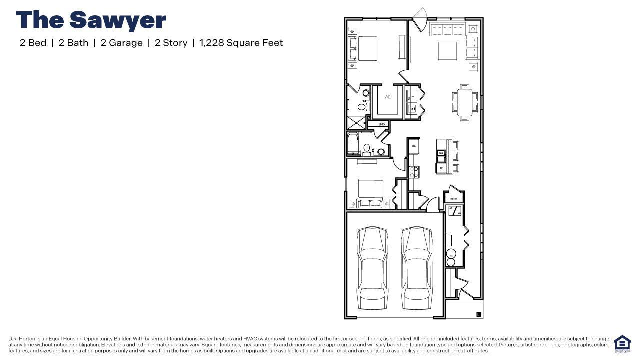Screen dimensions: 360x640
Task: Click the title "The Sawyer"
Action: (x=91, y=21)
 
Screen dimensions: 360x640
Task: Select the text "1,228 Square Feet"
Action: (x=241, y=43)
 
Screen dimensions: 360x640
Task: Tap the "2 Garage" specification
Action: (x=121, y=43)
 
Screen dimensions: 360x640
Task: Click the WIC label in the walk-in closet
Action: (x=388, y=97)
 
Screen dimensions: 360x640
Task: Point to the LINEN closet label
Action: (x=382, y=124)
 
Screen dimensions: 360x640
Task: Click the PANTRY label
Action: (x=453, y=199)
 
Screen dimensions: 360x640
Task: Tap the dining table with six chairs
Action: (x=464, y=102)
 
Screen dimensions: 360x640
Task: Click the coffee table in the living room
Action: (x=447, y=51)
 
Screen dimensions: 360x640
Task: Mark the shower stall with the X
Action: (x=356, y=123)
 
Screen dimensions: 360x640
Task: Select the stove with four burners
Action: (x=414, y=172)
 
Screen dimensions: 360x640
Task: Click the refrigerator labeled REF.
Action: (x=414, y=146)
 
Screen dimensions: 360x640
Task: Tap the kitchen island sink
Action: (x=441, y=156)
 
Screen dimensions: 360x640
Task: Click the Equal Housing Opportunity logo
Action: (x=622, y=344)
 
